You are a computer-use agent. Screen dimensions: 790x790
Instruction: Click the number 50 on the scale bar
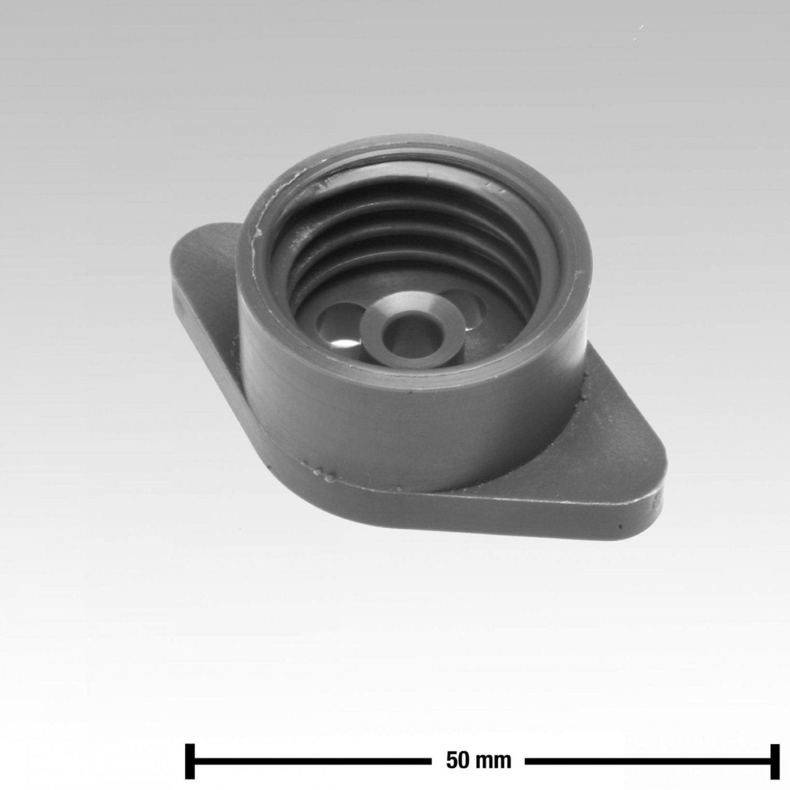point(457,750)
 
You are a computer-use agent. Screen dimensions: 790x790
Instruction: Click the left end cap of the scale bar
point(190,750)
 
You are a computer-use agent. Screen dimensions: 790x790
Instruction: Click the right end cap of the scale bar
point(775,750)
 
